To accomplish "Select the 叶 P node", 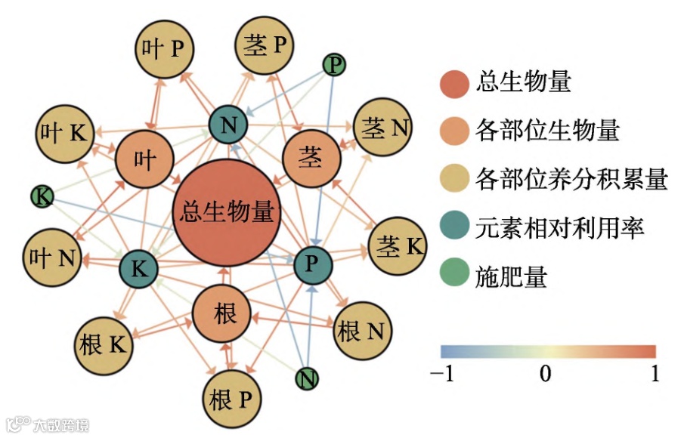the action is pos(164,49).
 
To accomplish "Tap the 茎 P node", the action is pos(265,46).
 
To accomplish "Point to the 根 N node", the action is pos(361,330).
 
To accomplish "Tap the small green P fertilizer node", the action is pos(334,65).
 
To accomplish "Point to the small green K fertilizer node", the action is pos(43,197).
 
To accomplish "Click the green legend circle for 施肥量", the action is pos(454,276).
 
